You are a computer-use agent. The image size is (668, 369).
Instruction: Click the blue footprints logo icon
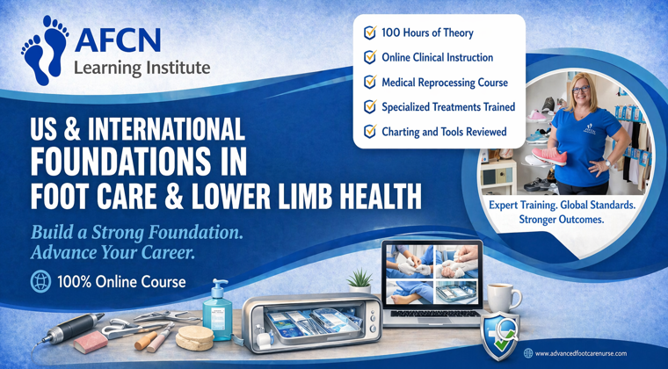click(x=44, y=50)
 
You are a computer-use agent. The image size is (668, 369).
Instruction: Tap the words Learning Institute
click(x=141, y=67)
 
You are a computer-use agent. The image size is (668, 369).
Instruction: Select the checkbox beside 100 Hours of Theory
click(x=370, y=33)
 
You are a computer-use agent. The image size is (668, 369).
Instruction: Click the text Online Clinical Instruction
click(x=437, y=57)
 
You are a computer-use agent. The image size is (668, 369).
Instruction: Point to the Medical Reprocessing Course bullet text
click(x=444, y=82)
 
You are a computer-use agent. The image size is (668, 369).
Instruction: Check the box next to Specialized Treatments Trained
click(x=370, y=107)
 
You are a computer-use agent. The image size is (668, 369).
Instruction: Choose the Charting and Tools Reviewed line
click(x=444, y=132)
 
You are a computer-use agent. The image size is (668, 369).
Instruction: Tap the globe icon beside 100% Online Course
click(x=40, y=282)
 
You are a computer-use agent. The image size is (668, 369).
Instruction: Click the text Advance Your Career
click(x=112, y=253)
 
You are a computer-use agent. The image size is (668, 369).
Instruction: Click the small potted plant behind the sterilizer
click(x=359, y=282)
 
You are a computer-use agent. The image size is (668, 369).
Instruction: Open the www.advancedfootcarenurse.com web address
click(x=580, y=353)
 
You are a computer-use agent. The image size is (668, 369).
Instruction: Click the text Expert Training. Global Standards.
click(x=562, y=204)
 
